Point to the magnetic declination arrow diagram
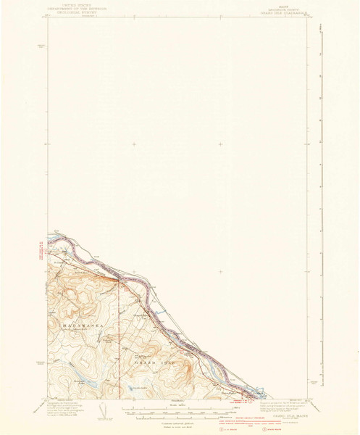pyautogui.click(x=104, y=412)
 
